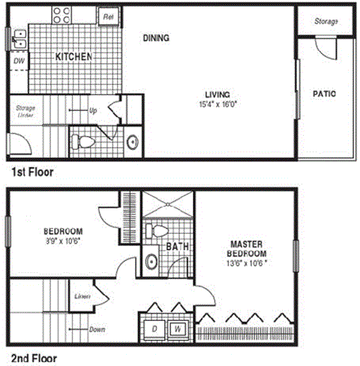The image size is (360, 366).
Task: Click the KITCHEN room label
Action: (x=73, y=57)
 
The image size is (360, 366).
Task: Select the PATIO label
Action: (x=323, y=94)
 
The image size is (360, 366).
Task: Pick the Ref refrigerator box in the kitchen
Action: (x=107, y=16)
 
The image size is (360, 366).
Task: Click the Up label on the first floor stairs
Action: (x=93, y=111)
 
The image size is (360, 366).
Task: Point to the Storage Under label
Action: (x=25, y=112)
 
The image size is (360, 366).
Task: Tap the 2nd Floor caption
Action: (x=34, y=358)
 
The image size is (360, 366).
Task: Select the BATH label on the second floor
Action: (x=177, y=246)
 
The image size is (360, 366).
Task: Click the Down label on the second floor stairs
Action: (x=95, y=328)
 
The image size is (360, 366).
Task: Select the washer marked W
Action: (x=178, y=328)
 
